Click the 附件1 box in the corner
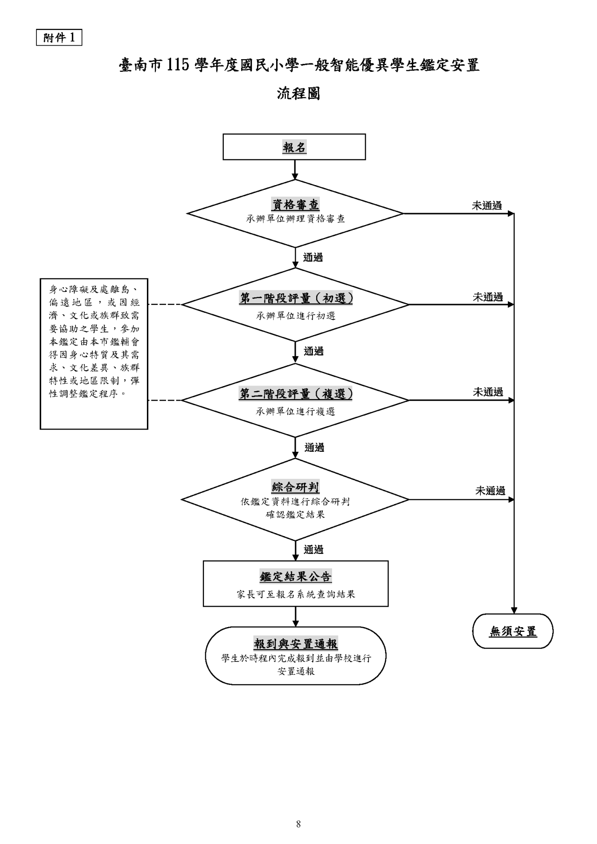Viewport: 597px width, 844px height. pyautogui.click(x=59, y=37)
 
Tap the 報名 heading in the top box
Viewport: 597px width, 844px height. pyautogui.click(x=294, y=147)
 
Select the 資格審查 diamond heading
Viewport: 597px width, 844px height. pyautogui.click(x=296, y=204)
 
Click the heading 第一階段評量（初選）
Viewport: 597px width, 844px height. pyautogui.click(x=296, y=298)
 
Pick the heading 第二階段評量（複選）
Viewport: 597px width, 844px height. pyautogui.click(x=296, y=394)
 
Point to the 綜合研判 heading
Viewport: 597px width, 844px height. pyautogui.click(x=296, y=488)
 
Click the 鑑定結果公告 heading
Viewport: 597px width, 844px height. pyautogui.click(x=296, y=576)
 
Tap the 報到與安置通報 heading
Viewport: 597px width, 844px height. pyautogui.click(x=296, y=644)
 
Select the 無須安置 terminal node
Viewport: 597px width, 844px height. pyautogui.click(x=513, y=631)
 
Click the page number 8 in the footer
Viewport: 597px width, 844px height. pyautogui.click(x=298, y=824)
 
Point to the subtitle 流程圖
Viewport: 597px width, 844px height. pyautogui.click(x=298, y=94)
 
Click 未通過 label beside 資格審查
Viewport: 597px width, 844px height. pyautogui.click(x=486, y=206)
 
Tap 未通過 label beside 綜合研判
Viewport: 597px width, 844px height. pyautogui.click(x=490, y=491)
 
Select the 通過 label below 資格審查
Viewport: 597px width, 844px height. pyautogui.click(x=313, y=257)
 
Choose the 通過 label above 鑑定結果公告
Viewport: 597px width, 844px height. pyautogui.click(x=313, y=550)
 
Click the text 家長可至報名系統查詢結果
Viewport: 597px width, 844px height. pyautogui.click(x=296, y=595)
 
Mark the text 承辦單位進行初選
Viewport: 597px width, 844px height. pyautogui.click(x=296, y=316)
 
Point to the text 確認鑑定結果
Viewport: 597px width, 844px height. pyautogui.click(x=296, y=515)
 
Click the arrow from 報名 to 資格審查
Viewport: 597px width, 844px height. pyautogui.click(x=295, y=170)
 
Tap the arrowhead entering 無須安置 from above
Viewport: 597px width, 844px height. pyautogui.click(x=514, y=610)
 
